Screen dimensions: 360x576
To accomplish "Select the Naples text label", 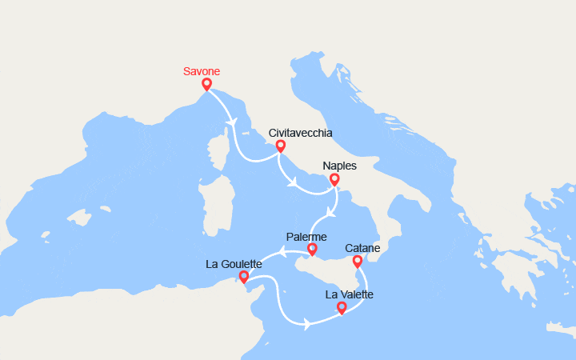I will (x=339, y=166).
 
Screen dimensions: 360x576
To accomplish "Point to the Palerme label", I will (x=306, y=238).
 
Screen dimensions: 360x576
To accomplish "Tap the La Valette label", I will (x=349, y=294).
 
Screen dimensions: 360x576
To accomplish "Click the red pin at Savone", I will (x=206, y=84).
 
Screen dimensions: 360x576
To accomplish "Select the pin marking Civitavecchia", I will (x=280, y=146).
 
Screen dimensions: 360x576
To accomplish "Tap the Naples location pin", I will (x=334, y=179).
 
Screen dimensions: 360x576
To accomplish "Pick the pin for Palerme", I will (x=312, y=250).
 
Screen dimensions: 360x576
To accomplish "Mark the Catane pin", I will (x=357, y=261).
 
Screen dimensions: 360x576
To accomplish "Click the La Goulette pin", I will (x=243, y=277).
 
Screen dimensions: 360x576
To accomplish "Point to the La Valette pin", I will (x=342, y=307).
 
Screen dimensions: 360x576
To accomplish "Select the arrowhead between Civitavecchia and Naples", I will (x=293, y=182).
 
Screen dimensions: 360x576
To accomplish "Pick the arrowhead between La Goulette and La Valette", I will (x=306, y=323).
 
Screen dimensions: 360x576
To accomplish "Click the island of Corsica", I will (x=214, y=153).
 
